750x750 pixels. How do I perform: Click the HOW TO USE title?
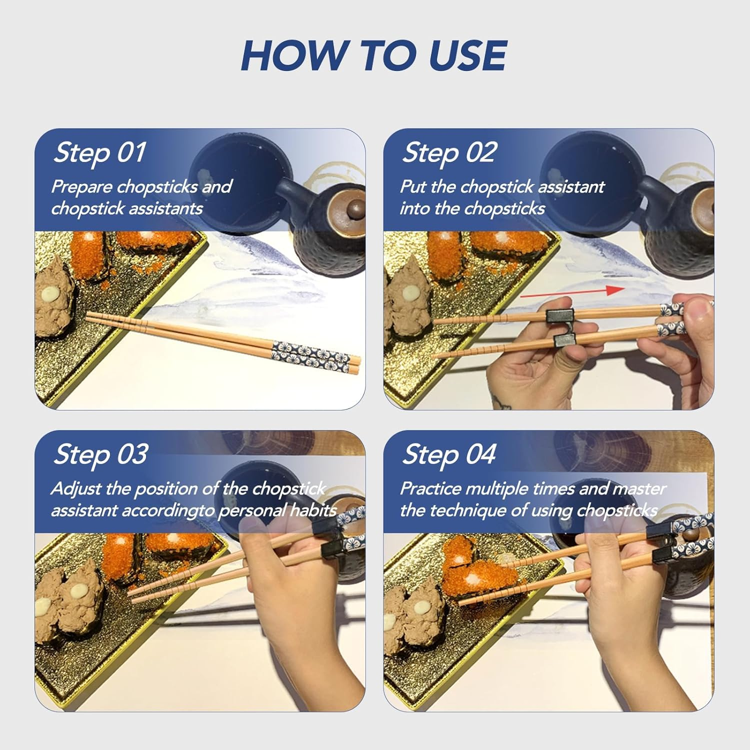coord(374,55)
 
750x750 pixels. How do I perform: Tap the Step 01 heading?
coord(100,152)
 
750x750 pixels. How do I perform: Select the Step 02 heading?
coord(449,152)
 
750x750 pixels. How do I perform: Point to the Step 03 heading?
coord(100,454)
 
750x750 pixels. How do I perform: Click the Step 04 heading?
coord(449,454)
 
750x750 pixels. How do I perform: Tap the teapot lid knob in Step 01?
coord(356,207)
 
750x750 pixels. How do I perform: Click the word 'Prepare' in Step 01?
coord(82,187)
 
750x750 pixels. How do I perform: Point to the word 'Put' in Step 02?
coord(413,187)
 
